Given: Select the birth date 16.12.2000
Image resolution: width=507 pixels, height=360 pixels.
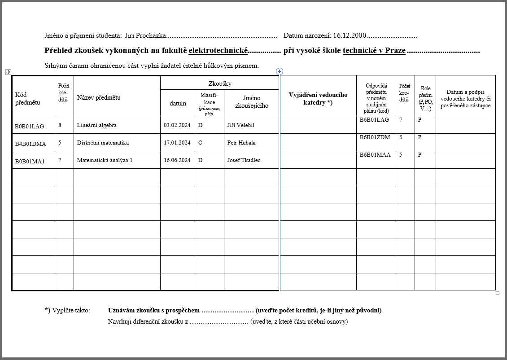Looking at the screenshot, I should tap(350, 35).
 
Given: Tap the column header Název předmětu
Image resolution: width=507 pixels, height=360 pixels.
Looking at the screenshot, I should tap(99, 97).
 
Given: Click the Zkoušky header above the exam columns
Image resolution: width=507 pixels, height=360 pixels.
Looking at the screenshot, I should tap(220, 83).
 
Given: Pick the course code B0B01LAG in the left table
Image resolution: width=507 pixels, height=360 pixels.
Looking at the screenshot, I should tap(30, 126).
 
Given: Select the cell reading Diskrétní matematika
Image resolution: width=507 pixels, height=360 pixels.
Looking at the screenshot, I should tap(103, 143).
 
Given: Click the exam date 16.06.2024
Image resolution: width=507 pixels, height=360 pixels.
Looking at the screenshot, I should tap(177, 160).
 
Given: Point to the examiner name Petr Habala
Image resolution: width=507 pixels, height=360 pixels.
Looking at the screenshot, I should tap(241, 143).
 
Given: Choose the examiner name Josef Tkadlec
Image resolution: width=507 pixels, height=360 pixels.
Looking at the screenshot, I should tap(244, 160).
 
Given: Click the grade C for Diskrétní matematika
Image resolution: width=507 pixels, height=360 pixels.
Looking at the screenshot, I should tap(200, 143).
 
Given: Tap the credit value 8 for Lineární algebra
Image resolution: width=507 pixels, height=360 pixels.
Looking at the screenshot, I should tap(60, 125).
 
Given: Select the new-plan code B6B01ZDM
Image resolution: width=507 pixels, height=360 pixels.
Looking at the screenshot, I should tap(375, 137).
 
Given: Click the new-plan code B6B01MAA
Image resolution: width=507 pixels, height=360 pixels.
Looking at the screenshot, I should tap(375, 155).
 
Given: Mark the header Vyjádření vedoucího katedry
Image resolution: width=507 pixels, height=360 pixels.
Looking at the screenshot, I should tap(318, 98).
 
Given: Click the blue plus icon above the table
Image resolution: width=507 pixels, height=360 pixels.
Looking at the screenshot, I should tap(280, 71).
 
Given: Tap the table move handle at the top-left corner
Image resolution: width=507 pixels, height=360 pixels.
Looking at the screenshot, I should tap(8, 72).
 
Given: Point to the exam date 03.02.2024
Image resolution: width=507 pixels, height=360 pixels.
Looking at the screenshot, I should tap(177, 125).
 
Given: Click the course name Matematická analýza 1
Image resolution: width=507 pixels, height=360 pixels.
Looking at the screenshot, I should tap(105, 160).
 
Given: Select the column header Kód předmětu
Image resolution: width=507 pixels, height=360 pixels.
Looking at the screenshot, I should tap(27, 98).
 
